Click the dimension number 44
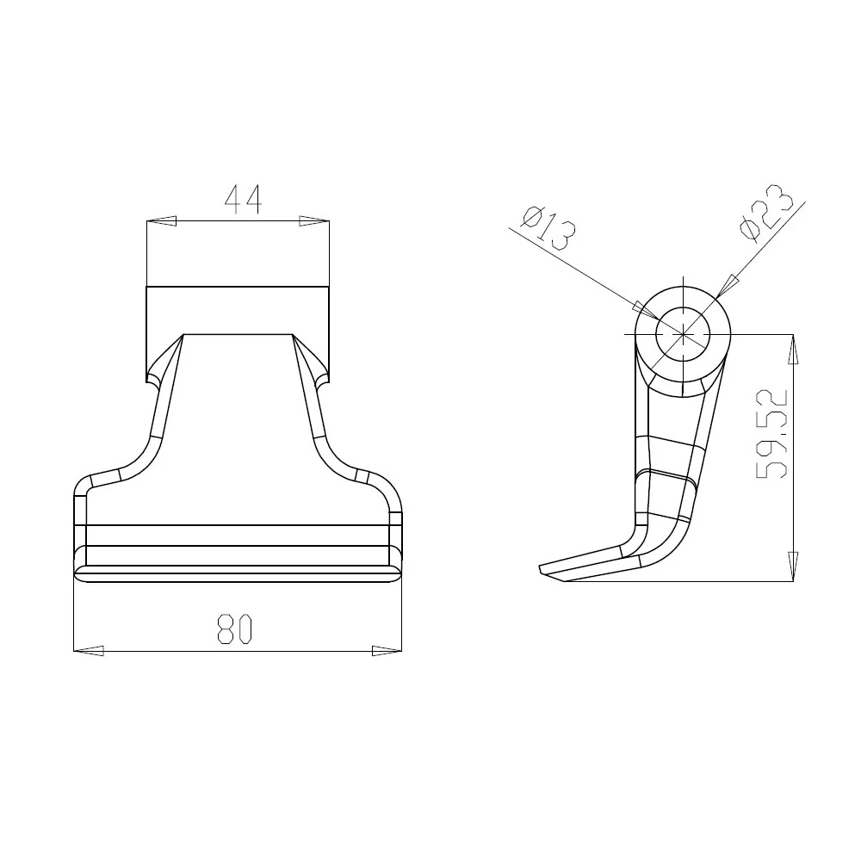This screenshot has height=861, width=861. [244, 200]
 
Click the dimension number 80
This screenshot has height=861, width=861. [234, 629]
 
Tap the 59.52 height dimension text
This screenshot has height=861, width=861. [772, 433]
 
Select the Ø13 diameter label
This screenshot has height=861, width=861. [548, 228]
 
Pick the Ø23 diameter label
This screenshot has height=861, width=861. [766, 213]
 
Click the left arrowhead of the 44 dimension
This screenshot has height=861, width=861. [162, 221]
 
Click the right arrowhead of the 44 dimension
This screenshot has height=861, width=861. [314, 221]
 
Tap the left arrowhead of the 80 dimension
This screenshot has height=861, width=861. [89, 651]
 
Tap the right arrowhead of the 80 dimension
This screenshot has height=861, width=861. [387, 651]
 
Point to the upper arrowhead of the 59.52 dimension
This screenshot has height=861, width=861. [793, 350]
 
